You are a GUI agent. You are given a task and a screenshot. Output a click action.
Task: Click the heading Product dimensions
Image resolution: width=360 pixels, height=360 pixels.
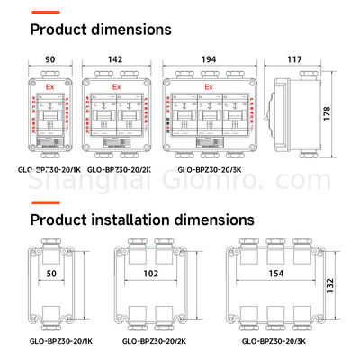point(101,29)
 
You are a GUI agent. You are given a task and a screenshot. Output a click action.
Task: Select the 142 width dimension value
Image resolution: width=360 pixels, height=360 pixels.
point(115,59)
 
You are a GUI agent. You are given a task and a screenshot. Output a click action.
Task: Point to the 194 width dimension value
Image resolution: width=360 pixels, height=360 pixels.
point(209,59)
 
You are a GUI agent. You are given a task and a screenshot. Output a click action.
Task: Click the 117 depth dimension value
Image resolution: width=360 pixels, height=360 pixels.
point(295,59)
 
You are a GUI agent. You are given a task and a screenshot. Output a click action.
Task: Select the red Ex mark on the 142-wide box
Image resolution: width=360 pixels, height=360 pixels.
point(115,87)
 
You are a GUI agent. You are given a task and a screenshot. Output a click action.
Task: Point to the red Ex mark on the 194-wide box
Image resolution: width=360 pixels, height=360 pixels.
point(209,87)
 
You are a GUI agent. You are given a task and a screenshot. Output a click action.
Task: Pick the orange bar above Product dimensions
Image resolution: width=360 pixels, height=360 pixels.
point(47,13)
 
